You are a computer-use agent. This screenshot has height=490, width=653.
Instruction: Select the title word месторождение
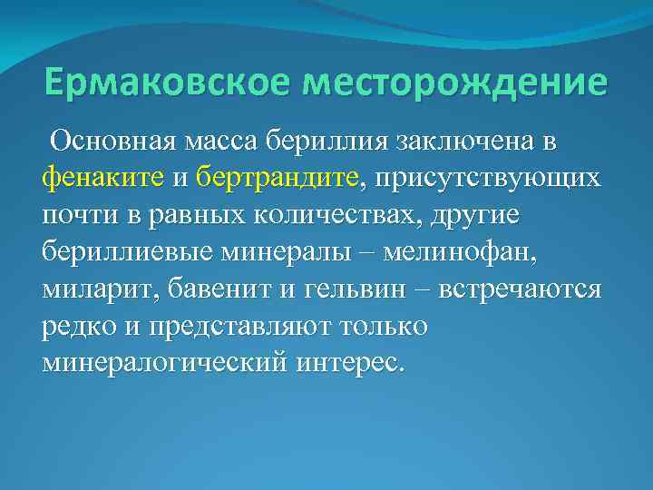coord(455,83)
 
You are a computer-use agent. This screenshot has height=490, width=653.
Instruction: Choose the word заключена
coord(464,142)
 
